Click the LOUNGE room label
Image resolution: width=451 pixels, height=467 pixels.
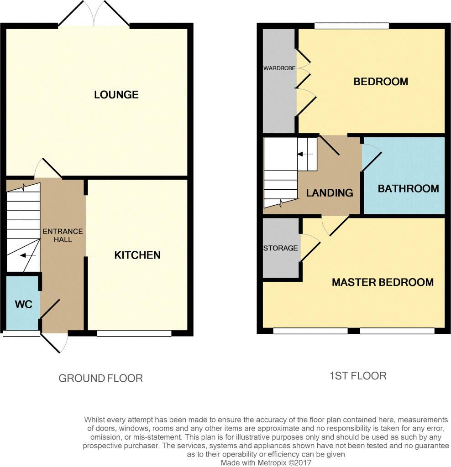(x=116, y=95)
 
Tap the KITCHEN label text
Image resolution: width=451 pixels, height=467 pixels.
(x=137, y=255)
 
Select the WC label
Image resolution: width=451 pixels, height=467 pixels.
(x=23, y=304)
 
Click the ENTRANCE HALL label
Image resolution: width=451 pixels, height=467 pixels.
(x=63, y=235)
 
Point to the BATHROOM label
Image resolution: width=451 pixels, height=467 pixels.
(x=408, y=189)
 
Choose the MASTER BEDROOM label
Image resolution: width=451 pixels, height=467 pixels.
(x=383, y=282)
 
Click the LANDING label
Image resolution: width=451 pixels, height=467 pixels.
(x=330, y=193)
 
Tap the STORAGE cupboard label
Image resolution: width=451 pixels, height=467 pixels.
(x=280, y=248)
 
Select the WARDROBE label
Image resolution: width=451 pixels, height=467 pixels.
(x=279, y=68)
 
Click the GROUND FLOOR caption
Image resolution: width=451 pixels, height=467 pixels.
(x=100, y=378)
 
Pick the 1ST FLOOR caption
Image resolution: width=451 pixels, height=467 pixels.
(x=358, y=376)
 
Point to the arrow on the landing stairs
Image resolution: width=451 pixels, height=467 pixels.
(x=305, y=155)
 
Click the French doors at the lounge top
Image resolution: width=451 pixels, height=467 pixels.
(x=94, y=14)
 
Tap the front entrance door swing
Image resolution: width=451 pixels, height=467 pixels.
(x=57, y=342)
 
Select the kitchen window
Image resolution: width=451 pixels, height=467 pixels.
(x=134, y=333)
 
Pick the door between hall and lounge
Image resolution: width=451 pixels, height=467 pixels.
(x=48, y=169)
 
